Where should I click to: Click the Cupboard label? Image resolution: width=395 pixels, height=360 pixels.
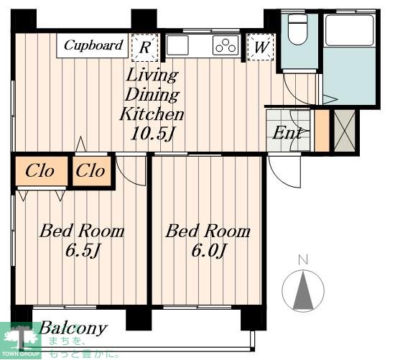click(x=93, y=45)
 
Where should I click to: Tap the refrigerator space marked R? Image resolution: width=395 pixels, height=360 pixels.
click(x=145, y=47)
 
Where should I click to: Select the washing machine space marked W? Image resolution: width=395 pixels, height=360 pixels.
click(x=261, y=47)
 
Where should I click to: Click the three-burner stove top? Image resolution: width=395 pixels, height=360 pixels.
click(x=226, y=45)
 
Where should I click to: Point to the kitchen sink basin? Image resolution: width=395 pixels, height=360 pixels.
click(x=177, y=45)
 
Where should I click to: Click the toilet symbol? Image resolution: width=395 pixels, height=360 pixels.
click(x=297, y=29)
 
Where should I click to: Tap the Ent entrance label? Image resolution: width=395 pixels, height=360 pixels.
click(x=287, y=133)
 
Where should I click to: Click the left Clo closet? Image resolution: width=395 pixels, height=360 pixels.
click(x=42, y=171)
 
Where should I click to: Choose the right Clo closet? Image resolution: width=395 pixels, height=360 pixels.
click(x=92, y=171)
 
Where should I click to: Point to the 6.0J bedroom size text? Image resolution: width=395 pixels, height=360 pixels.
click(x=209, y=251)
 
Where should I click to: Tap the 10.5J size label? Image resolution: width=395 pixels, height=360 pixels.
click(x=153, y=134)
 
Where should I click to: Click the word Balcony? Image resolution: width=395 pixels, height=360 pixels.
click(x=73, y=328)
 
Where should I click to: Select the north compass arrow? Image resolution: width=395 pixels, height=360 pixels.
click(x=303, y=290)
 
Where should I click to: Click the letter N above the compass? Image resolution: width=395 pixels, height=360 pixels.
click(x=303, y=260)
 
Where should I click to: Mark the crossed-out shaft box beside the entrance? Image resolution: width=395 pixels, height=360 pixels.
click(x=345, y=131)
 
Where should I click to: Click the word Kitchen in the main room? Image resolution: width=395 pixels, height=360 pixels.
click(x=152, y=114)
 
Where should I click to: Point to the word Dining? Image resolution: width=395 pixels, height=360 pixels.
click(x=152, y=95)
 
